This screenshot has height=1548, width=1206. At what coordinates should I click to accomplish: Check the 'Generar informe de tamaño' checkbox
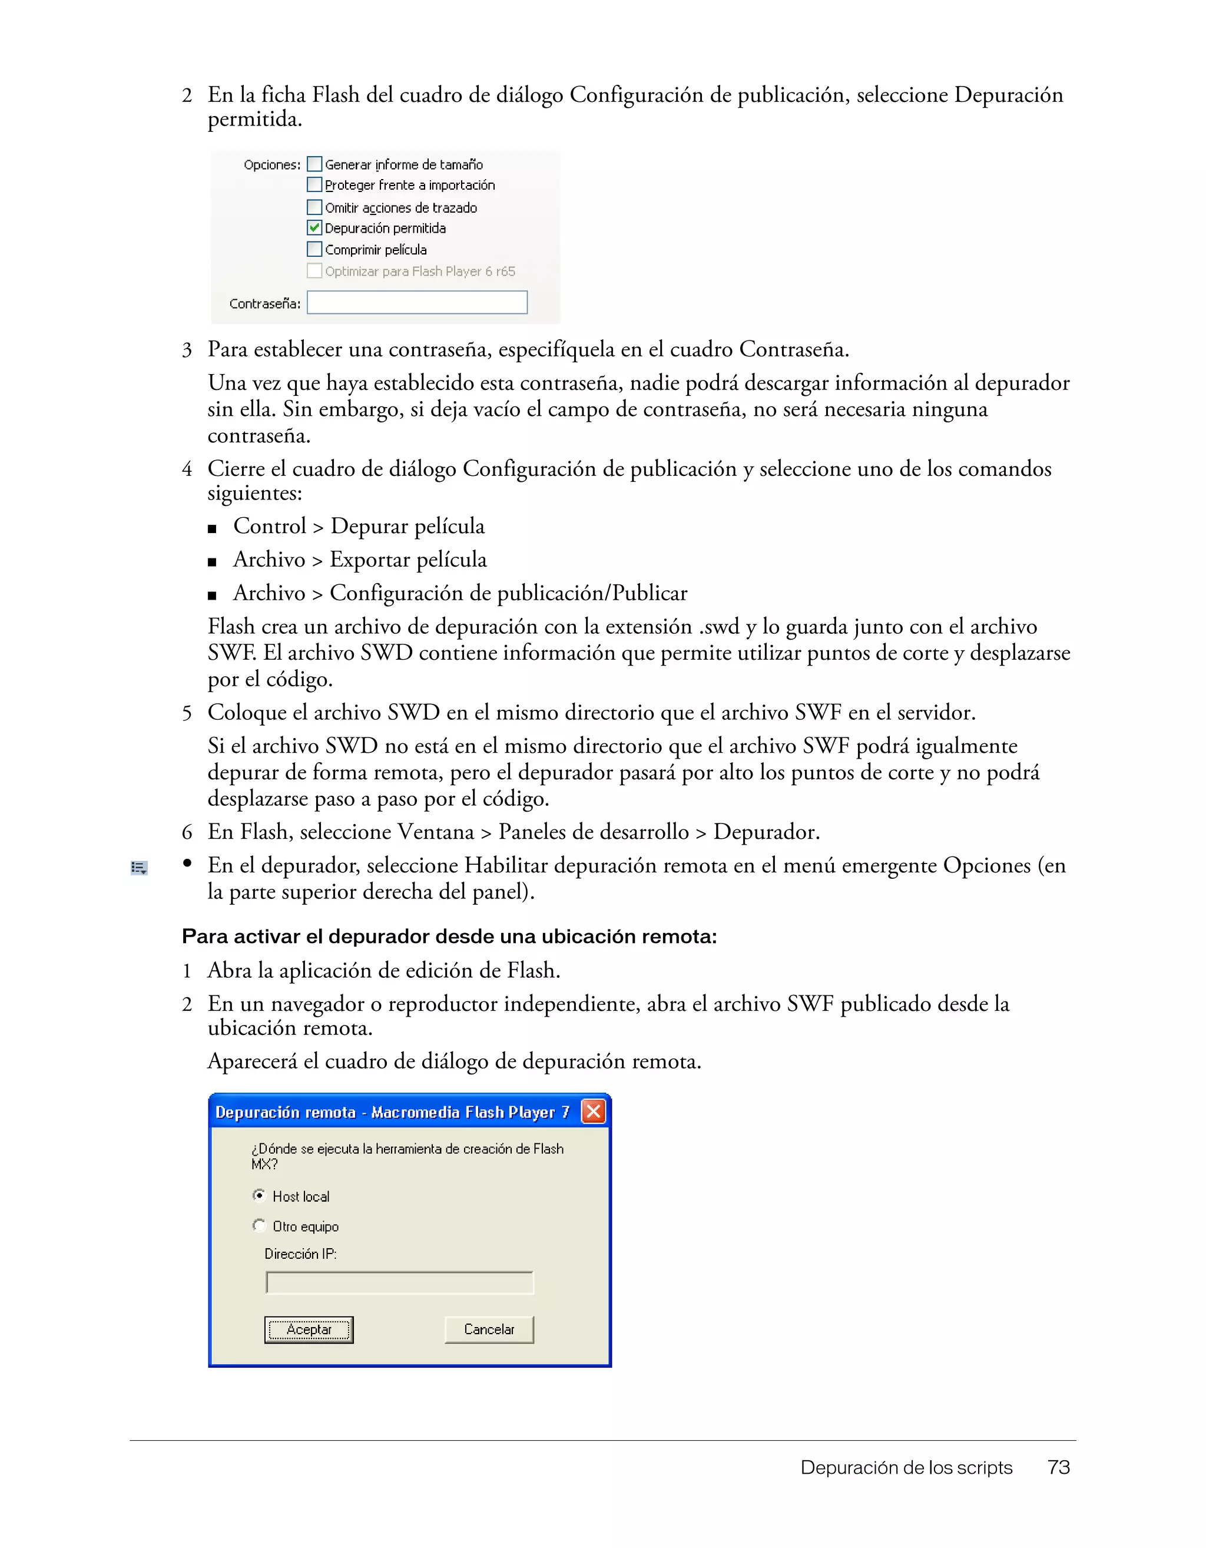tap(314, 164)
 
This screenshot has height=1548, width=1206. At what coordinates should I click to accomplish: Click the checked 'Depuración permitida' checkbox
tap(314, 227)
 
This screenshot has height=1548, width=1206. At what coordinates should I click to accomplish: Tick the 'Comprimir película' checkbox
tap(314, 250)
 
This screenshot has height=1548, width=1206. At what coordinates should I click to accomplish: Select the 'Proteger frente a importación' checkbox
tap(314, 185)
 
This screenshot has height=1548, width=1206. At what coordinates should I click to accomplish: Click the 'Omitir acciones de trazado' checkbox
tap(314, 207)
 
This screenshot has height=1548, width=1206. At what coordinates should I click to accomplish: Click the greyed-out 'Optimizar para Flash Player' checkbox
tap(314, 271)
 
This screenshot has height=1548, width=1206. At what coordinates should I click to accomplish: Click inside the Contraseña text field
tap(417, 303)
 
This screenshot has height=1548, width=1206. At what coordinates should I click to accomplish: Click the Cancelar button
tap(489, 1329)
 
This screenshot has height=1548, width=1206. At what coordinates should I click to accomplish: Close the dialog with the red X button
tap(594, 1112)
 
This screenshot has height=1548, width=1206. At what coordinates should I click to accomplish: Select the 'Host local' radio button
tap(259, 1196)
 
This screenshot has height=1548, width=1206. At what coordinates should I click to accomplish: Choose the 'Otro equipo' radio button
tap(259, 1225)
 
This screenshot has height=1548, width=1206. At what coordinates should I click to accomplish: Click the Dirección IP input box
tap(400, 1283)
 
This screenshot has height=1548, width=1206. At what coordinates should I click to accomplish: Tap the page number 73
tap(1059, 1467)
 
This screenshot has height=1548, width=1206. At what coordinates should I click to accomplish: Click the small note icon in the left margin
tap(139, 868)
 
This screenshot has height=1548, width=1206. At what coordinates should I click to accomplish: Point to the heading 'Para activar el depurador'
tap(449, 937)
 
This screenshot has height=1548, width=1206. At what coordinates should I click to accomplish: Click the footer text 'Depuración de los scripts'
tap(906, 1467)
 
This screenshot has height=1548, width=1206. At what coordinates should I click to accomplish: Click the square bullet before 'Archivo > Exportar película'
tap(212, 562)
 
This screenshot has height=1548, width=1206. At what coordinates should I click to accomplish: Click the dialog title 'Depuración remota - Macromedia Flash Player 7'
tap(392, 1112)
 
